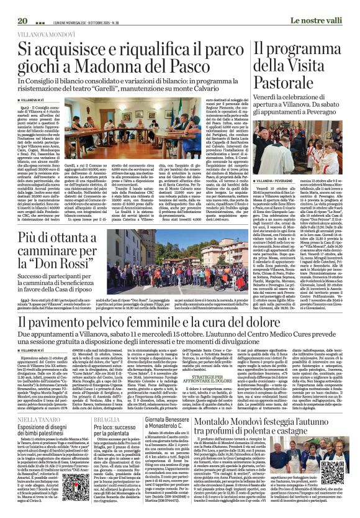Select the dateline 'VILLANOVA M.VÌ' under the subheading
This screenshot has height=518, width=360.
tap(32, 100)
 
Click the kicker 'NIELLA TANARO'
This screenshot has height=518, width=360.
tap(32, 437)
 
